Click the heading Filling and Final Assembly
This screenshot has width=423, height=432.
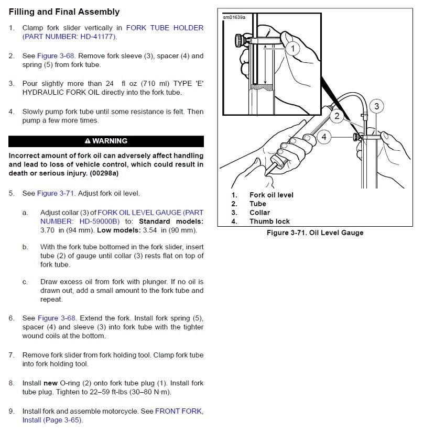click(64, 12)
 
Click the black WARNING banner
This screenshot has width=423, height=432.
click(106, 141)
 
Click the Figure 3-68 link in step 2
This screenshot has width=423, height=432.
click(54, 56)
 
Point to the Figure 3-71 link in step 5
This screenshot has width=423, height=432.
click(54, 193)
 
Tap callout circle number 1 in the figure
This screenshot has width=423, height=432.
click(292, 49)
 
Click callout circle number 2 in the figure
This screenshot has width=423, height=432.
click(337, 116)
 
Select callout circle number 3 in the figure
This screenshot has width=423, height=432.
click(376, 106)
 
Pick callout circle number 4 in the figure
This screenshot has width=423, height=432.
click(324, 137)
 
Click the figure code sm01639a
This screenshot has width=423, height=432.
click(234, 17)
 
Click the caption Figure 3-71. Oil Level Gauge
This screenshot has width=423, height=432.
click(314, 232)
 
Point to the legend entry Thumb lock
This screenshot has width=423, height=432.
click(269, 221)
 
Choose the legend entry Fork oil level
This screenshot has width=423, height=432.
click(271, 195)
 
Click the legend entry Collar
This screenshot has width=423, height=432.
click(259, 213)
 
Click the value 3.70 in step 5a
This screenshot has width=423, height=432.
click(48, 230)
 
